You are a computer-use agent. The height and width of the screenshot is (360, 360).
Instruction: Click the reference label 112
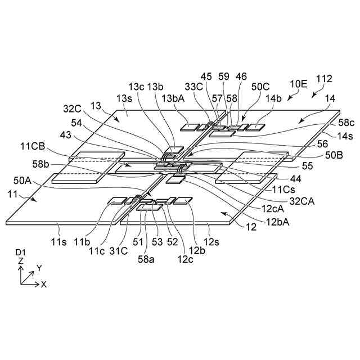[325, 79]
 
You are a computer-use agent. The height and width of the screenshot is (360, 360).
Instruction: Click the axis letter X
[43, 285]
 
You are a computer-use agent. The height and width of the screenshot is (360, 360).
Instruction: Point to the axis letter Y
[39, 267]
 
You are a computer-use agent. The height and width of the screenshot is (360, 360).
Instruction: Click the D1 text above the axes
[20, 254]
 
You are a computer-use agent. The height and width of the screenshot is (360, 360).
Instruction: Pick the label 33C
[195, 87]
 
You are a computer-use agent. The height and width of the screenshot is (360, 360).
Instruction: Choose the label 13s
[124, 98]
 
